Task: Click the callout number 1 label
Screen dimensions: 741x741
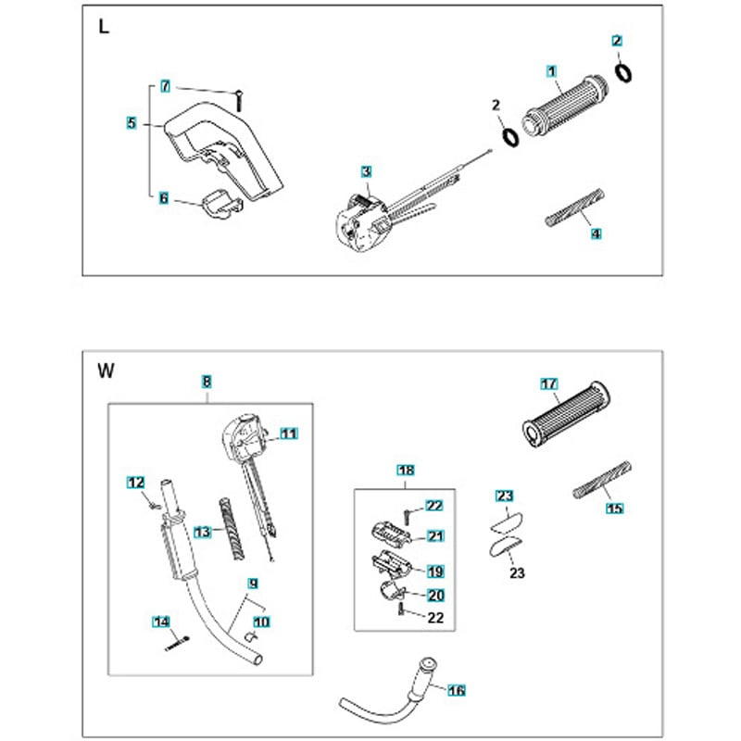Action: click(x=551, y=70)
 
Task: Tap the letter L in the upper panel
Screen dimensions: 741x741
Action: click(x=104, y=28)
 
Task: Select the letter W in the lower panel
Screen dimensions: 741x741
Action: click(x=106, y=372)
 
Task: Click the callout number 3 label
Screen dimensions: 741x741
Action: click(x=367, y=171)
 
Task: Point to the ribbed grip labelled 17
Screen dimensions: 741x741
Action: click(x=564, y=418)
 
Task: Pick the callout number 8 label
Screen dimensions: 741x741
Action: click(x=207, y=381)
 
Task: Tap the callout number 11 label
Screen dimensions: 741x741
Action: click(x=288, y=433)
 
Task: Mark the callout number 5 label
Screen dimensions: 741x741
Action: click(x=132, y=121)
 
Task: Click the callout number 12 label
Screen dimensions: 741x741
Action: click(x=135, y=482)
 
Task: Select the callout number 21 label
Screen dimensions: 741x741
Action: click(x=434, y=535)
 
